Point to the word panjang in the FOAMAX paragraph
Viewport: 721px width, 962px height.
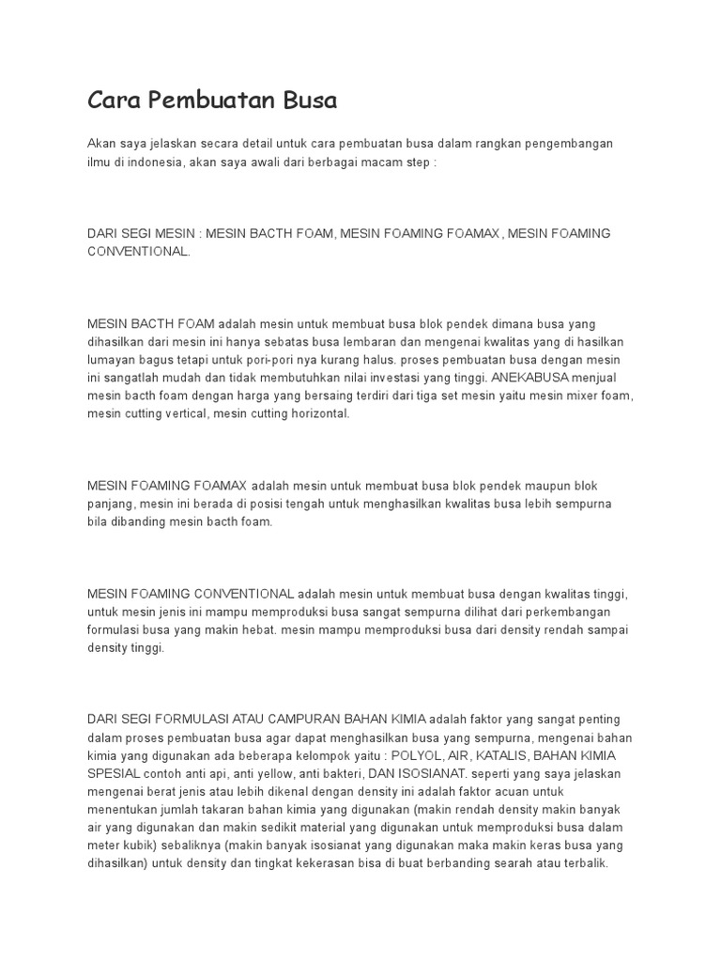point(110,504)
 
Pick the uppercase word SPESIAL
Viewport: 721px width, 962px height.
point(114,773)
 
